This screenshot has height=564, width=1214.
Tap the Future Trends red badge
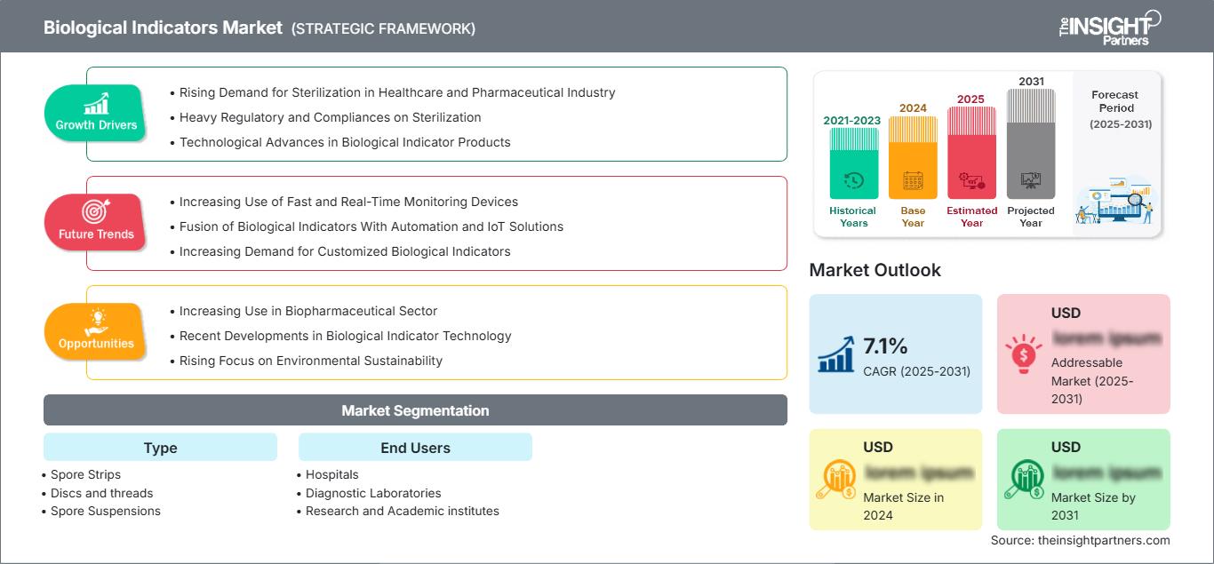click(x=95, y=222)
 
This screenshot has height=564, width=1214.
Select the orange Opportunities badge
click(x=95, y=331)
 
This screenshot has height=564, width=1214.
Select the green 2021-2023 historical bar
click(x=853, y=163)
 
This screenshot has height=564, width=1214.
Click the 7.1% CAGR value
click(x=885, y=346)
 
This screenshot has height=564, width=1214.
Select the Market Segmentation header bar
click(x=415, y=410)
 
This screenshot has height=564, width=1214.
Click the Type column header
click(x=160, y=448)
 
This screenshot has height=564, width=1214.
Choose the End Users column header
click(x=415, y=448)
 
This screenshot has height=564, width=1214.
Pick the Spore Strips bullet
click(x=85, y=474)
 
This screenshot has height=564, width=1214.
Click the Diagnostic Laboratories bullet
click(x=372, y=493)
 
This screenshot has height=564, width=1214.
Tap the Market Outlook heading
click(x=875, y=270)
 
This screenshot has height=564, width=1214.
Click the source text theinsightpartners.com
click(x=1080, y=540)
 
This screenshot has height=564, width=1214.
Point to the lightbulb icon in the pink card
click(x=1023, y=354)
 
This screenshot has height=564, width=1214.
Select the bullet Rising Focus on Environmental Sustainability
click(x=310, y=361)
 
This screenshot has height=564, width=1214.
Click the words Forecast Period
click(x=1114, y=100)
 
